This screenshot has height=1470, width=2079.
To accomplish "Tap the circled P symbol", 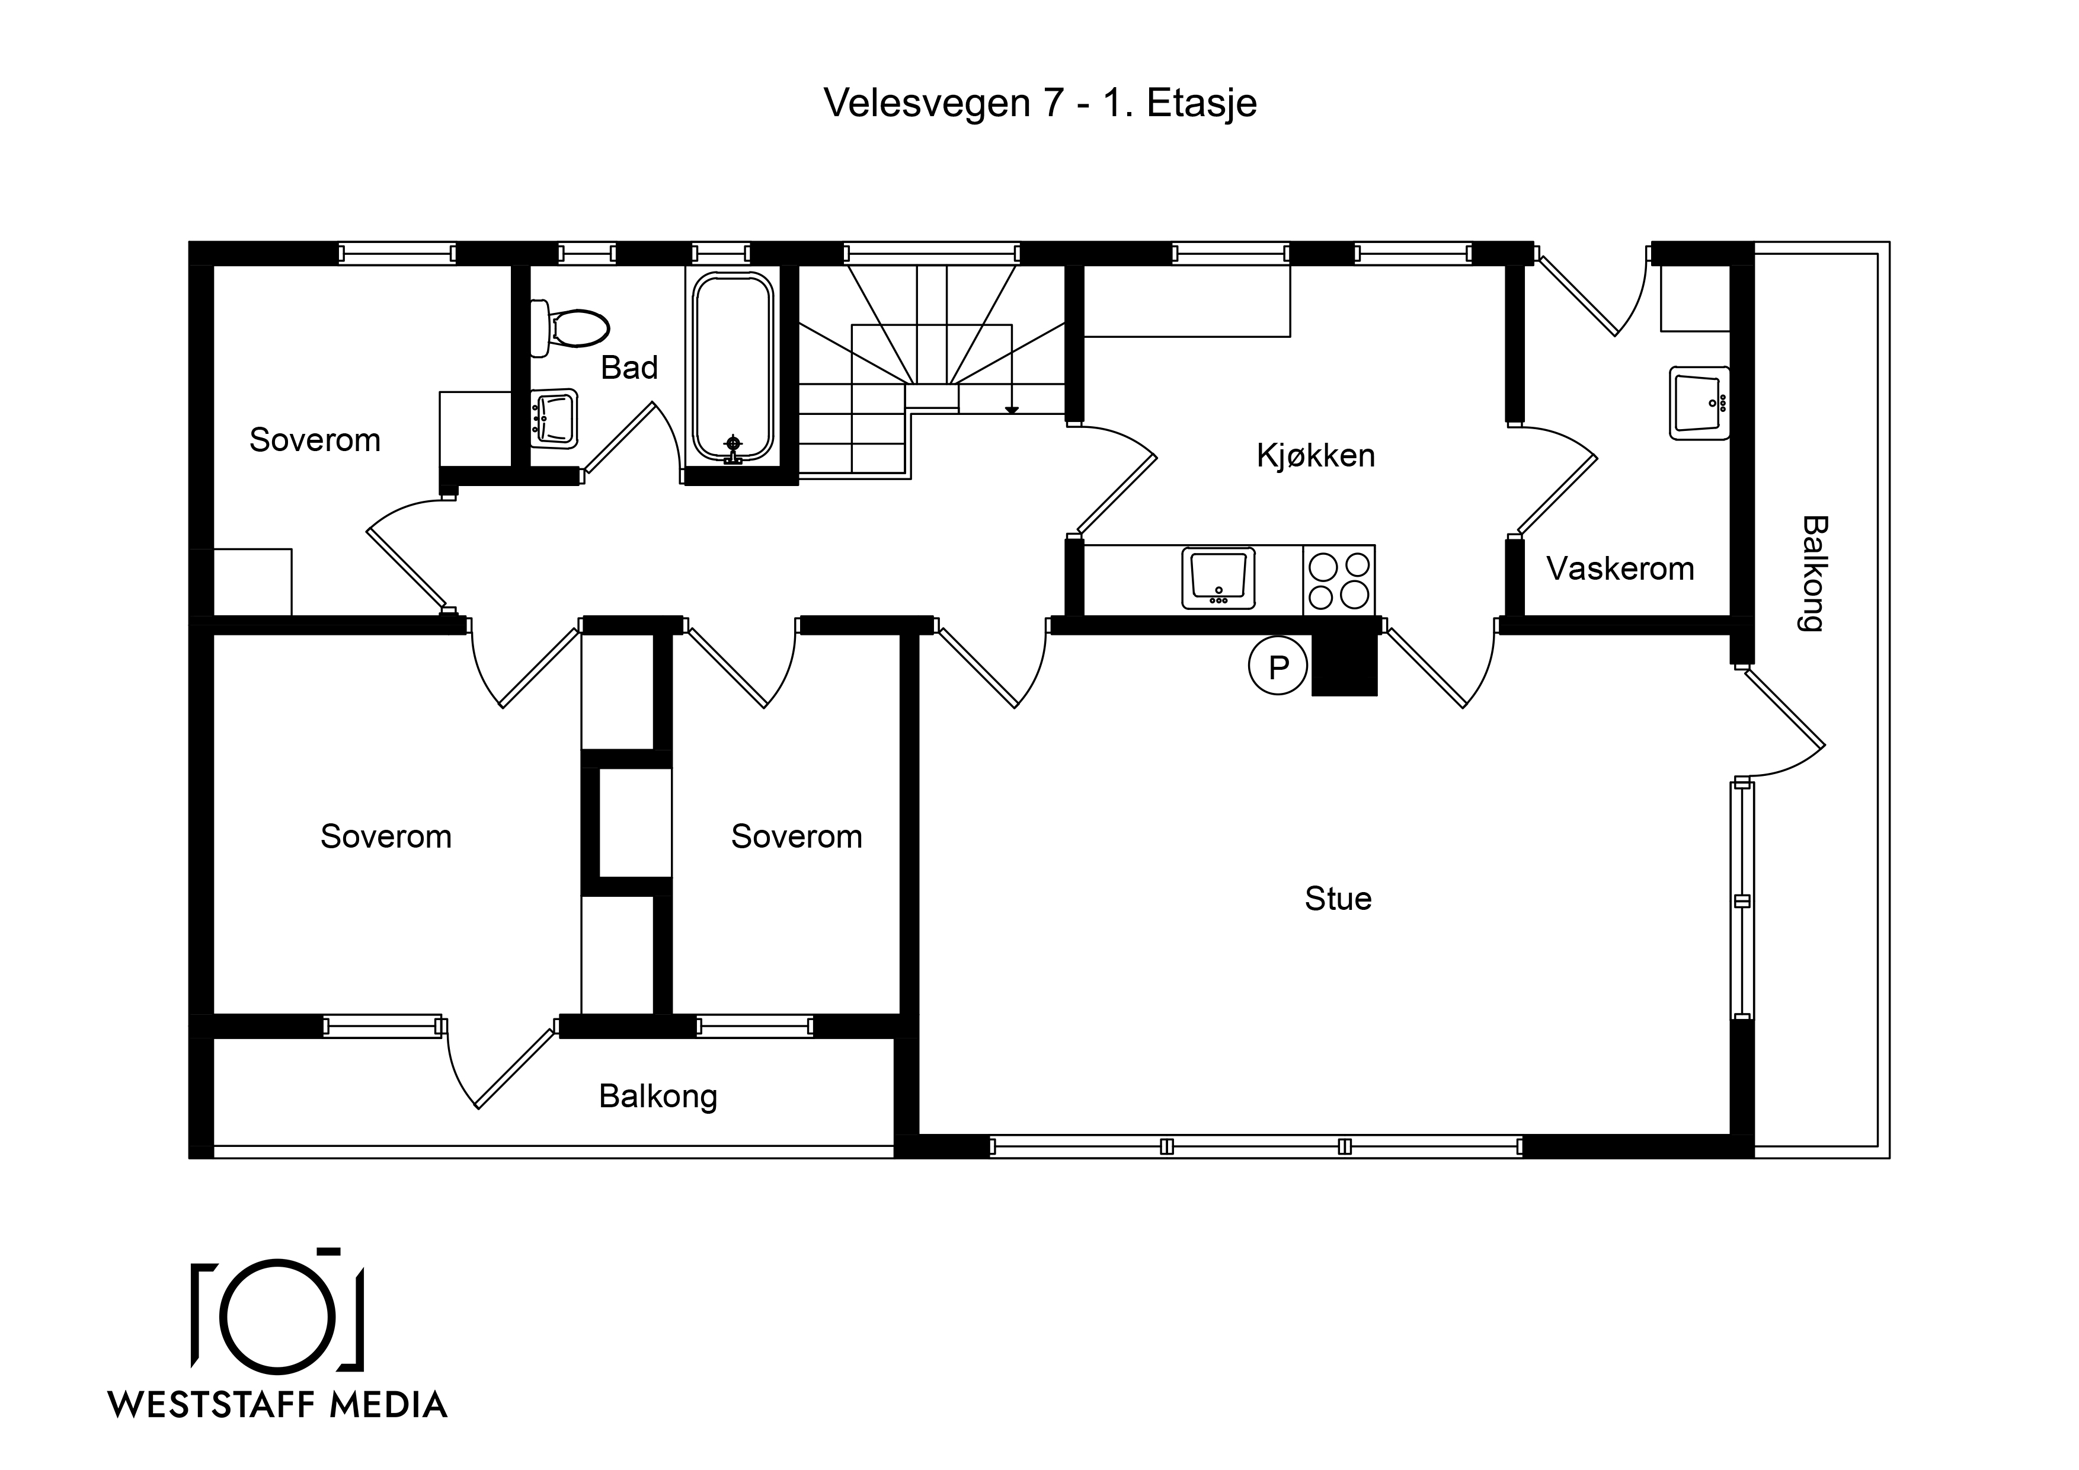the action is tap(1278, 667).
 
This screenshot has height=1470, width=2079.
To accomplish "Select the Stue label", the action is tap(1338, 899).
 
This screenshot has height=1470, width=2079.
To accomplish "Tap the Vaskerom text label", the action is tap(1620, 569).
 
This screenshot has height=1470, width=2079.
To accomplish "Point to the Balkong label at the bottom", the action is tap(658, 1097).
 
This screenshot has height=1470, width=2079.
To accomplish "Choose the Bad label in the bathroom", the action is tap(629, 367).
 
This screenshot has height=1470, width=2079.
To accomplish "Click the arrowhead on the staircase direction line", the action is tap(1012, 410).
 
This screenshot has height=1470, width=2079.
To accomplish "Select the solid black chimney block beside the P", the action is tap(1345, 664).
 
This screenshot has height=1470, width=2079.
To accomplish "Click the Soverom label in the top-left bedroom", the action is tap(315, 440).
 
